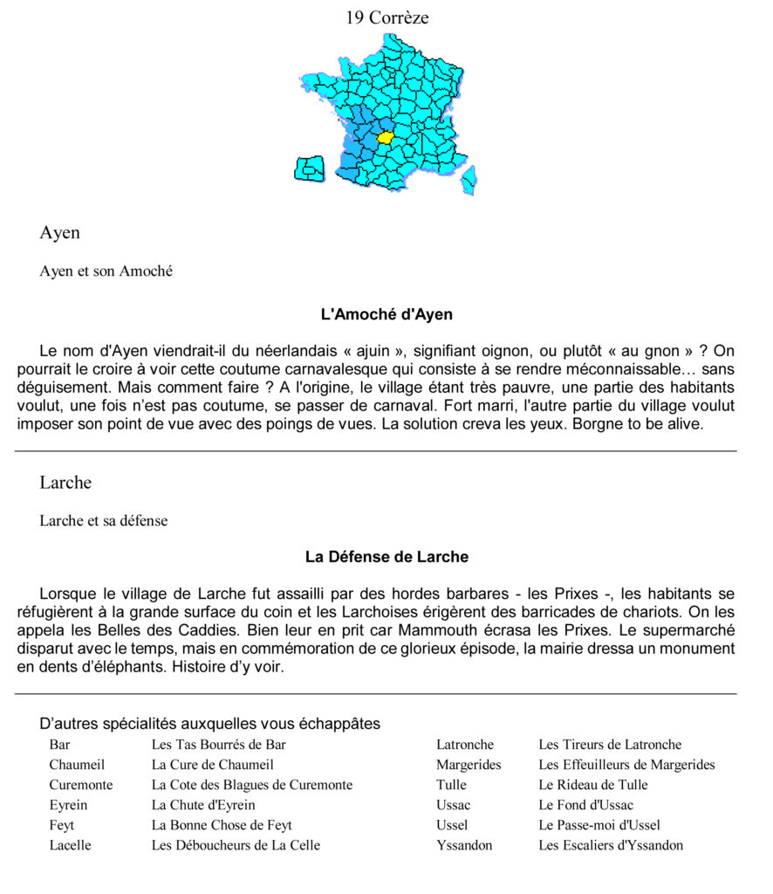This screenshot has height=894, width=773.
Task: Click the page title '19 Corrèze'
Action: click(386, 17)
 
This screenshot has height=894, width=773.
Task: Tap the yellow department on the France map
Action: click(386, 138)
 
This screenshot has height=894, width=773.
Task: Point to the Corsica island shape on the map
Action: click(469, 179)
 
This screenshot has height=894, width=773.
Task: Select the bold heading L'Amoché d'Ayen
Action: click(386, 314)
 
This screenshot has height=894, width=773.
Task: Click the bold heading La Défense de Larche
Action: click(386, 556)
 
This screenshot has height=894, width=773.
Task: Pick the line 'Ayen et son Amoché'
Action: click(106, 272)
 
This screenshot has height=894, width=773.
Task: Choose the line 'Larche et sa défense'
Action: click(103, 521)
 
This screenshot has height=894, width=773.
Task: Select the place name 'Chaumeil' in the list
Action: click(77, 765)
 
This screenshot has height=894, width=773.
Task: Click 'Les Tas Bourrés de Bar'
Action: click(218, 745)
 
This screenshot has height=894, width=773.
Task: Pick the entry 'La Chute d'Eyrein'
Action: click(203, 805)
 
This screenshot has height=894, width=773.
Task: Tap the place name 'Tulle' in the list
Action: click(451, 785)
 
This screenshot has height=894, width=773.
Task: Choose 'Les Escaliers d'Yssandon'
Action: click(611, 845)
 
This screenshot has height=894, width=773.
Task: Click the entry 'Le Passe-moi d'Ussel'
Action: click(599, 825)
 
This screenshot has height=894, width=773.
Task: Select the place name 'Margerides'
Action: click(469, 765)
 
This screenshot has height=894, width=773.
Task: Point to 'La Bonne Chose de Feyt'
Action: click(222, 825)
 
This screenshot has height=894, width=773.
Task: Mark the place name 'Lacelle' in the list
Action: click(70, 845)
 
